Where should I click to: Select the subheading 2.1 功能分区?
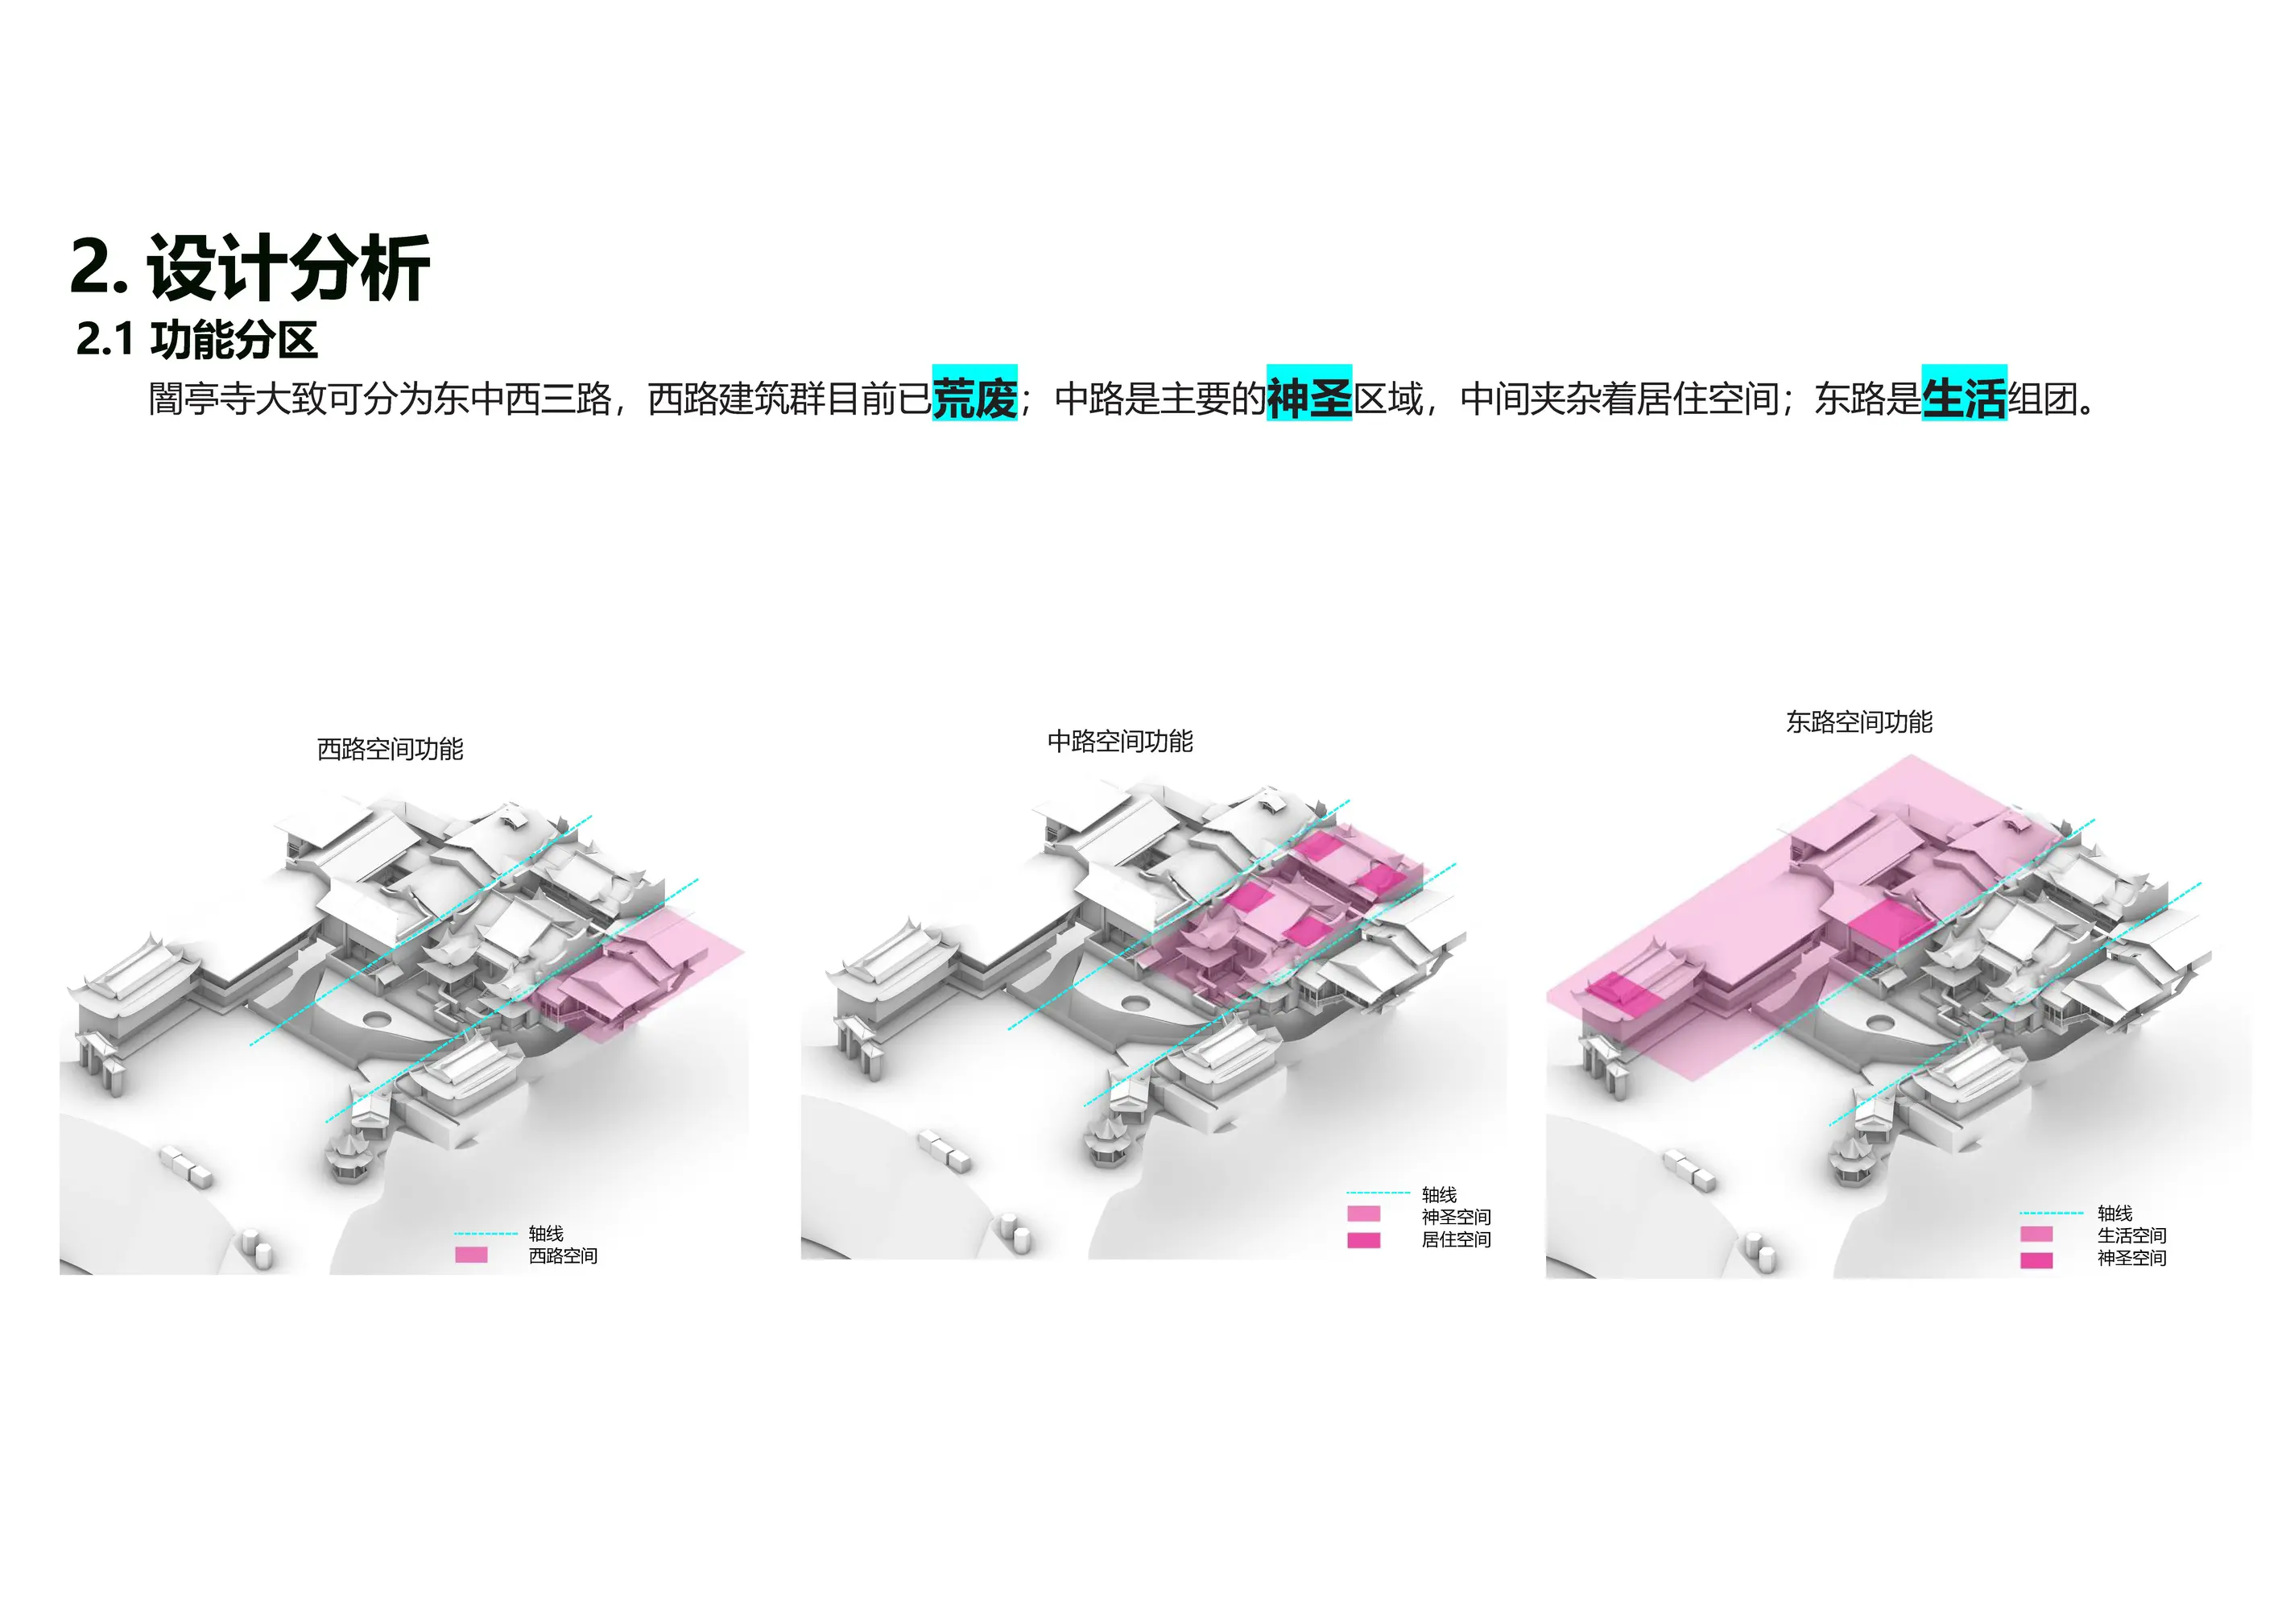click(x=196, y=341)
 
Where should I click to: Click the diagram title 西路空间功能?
click(x=391, y=749)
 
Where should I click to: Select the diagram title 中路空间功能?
click(x=1120, y=741)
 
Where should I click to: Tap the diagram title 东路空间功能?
click(x=1858, y=722)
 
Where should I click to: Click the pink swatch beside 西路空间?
click(x=471, y=1255)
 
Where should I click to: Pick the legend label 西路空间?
click(x=563, y=1255)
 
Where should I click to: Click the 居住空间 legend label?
click(x=1456, y=1239)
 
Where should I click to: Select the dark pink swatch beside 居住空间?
click(x=1363, y=1239)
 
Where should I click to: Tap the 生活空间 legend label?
click(x=2131, y=1235)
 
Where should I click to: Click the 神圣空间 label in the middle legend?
click(x=1456, y=1217)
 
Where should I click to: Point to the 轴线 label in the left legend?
click(x=546, y=1234)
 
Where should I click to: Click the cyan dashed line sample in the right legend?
click(x=2051, y=1214)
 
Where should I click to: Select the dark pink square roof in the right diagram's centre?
click(x=1891, y=925)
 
